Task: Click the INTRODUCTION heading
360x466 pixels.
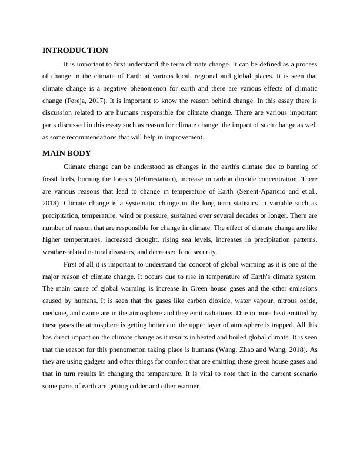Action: pos(75,51)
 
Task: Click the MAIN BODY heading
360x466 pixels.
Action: pos(66,154)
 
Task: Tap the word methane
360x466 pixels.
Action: pos(56,314)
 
